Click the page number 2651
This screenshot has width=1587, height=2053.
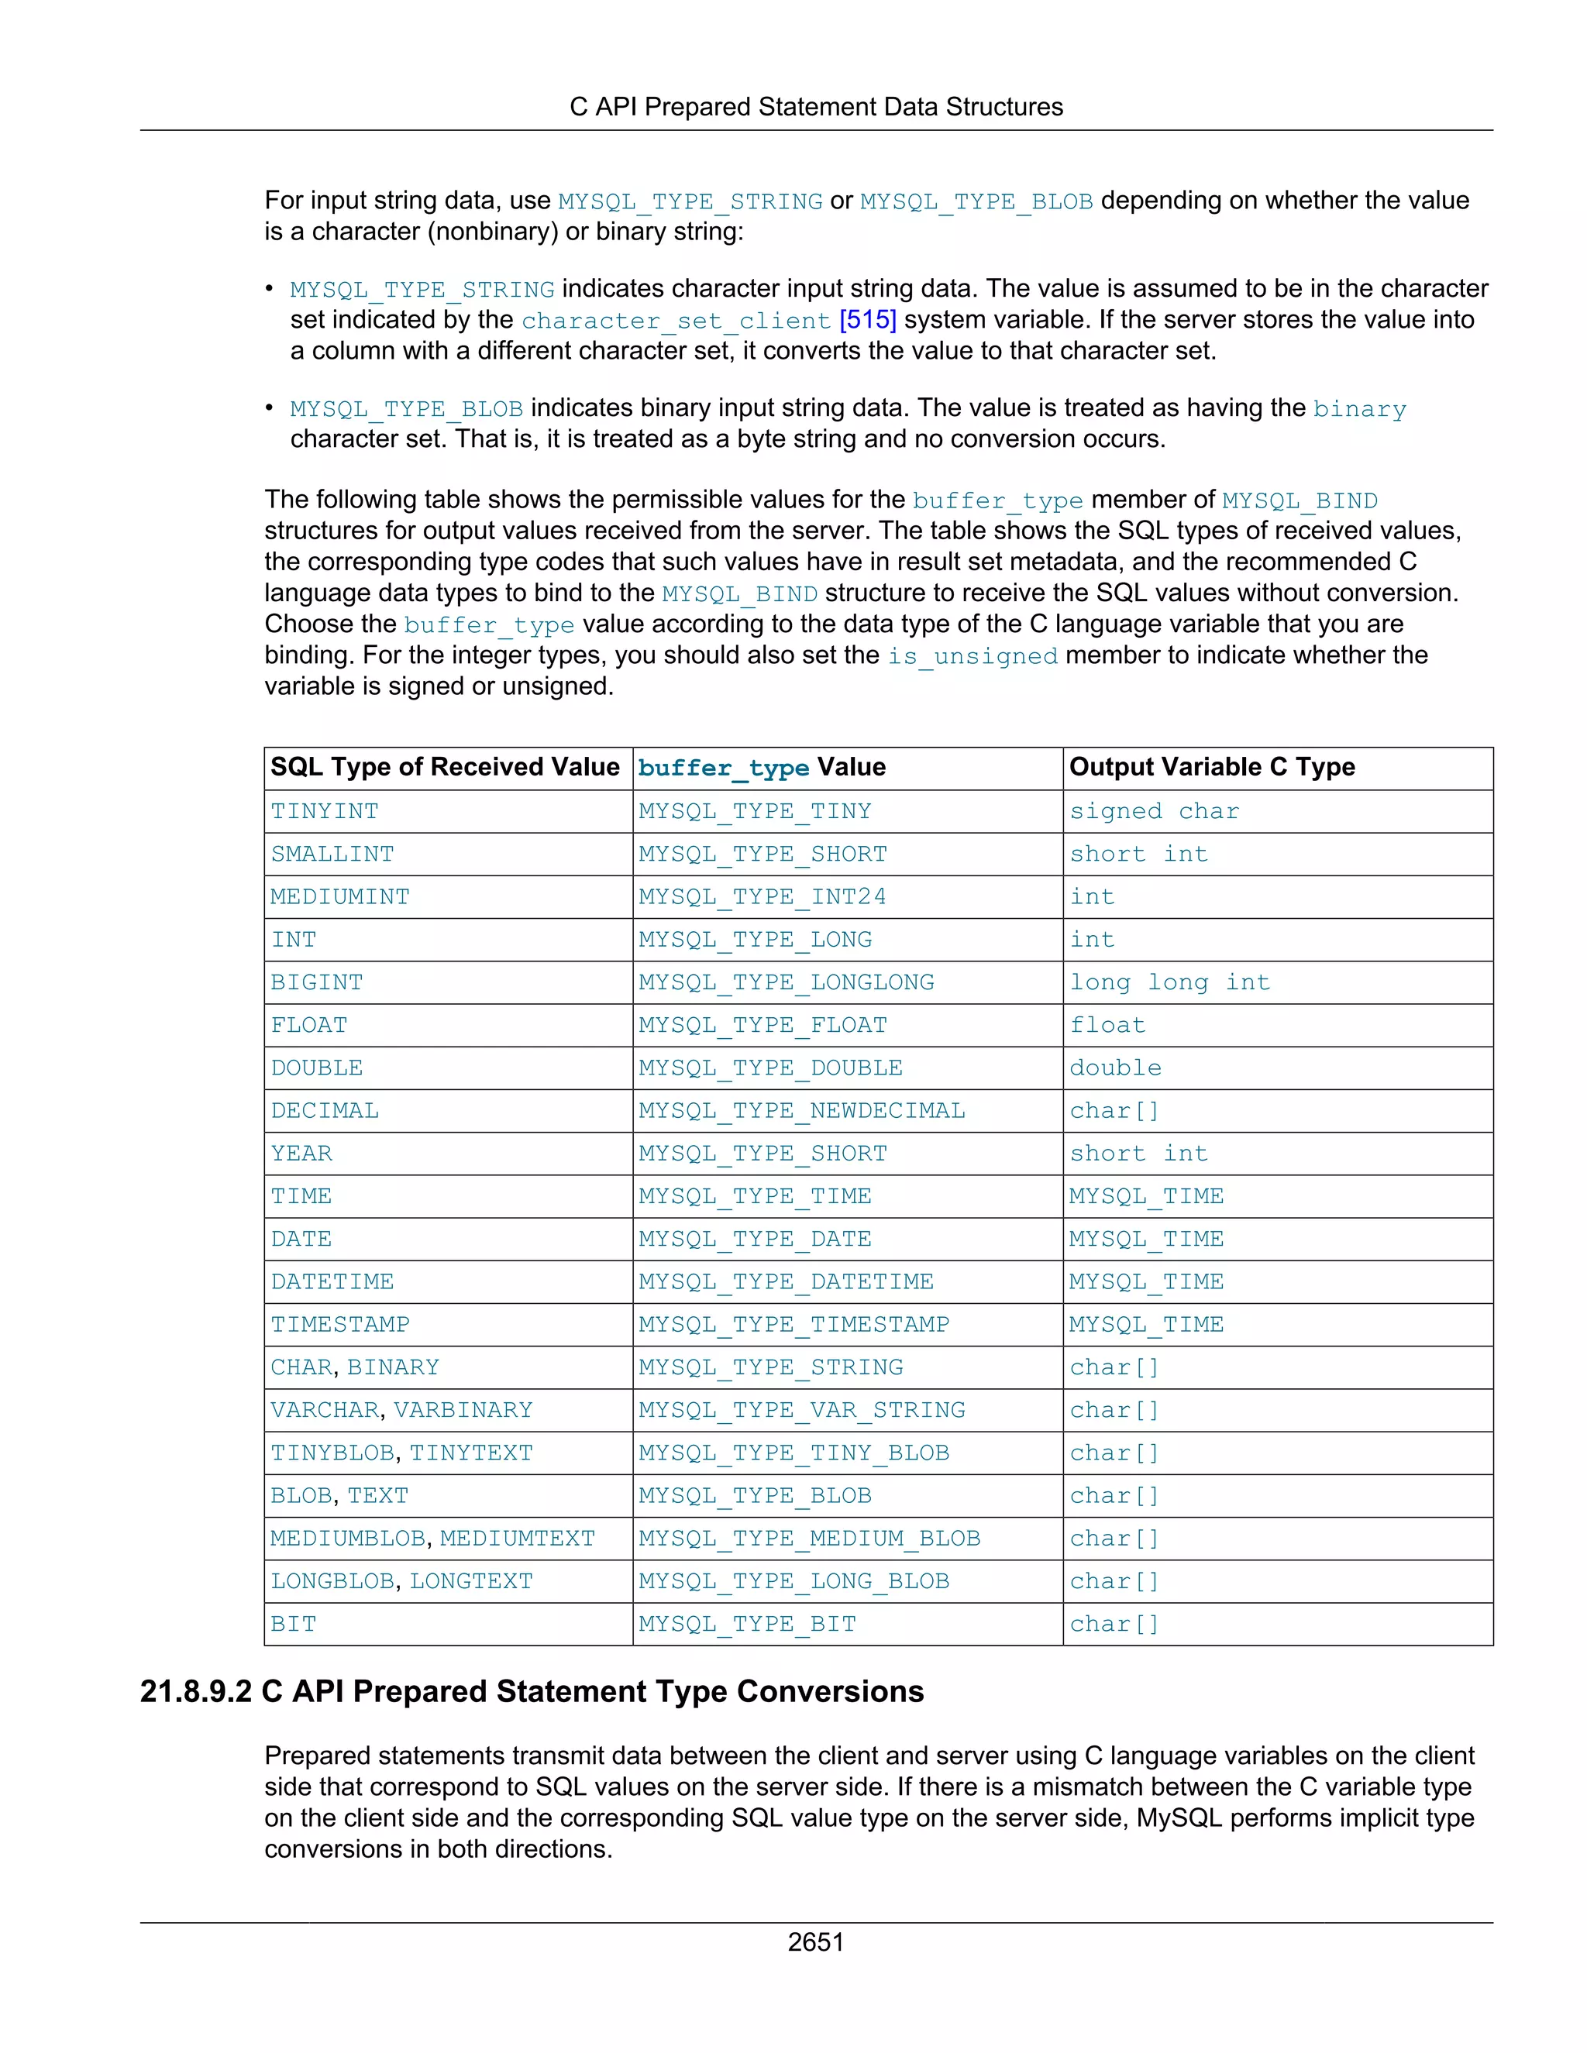(x=815, y=1941)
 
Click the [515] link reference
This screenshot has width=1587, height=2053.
(x=867, y=320)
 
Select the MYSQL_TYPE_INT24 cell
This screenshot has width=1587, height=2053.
(x=762, y=897)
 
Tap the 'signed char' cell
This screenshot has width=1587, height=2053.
(x=1154, y=811)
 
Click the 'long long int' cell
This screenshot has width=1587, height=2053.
(x=1169, y=982)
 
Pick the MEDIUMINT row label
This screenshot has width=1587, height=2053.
(x=339, y=897)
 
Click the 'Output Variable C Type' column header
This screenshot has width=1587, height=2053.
(x=1211, y=767)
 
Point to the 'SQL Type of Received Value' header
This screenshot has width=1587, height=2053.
(x=445, y=767)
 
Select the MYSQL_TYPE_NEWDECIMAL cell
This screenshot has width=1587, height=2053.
(x=801, y=1111)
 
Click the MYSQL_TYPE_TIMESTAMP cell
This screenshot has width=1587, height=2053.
(x=793, y=1325)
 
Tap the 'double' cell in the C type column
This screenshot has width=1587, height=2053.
(x=1115, y=1068)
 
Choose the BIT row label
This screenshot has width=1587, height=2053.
(x=294, y=1625)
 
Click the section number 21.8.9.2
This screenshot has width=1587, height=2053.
(x=195, y=1692)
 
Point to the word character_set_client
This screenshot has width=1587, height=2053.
(x=676, y=321)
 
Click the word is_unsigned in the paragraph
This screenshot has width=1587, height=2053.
(x=973, y=656)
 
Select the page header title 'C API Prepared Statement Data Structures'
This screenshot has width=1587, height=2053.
(x=815, y=107)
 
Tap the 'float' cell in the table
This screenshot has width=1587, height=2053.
(x=1107, y=1026)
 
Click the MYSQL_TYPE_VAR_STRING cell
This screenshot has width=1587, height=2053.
(x=801, y=1410)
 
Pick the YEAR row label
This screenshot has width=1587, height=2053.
(x=301, y=1154)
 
